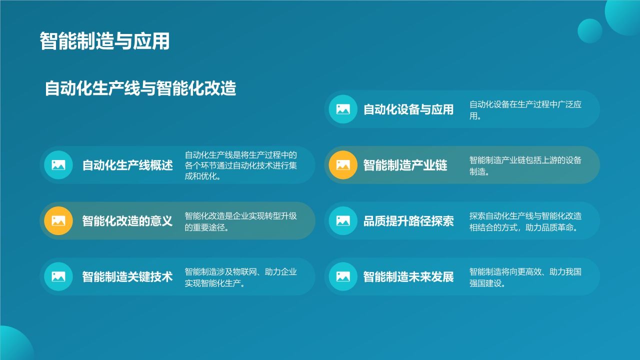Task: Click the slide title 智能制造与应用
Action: (x=104, y=41)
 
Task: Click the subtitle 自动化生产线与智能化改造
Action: (x=140, y=88)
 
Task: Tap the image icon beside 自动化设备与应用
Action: (x=343, y=109)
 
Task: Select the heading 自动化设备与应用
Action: (x=408, y=109)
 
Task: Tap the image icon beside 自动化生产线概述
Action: (x=58, y=165)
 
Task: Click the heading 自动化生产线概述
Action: (x=127, y=165)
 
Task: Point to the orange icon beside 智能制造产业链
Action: (x=343, y=165)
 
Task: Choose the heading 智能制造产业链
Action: (x=405, y=165)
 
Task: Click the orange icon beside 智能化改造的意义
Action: (x=58, y=220)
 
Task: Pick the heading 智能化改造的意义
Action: (x=127, y=221)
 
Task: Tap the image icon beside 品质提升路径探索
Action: (x=343, y=220)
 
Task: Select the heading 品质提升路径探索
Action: (x=408, y=221)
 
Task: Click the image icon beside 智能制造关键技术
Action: (x=58, y=276)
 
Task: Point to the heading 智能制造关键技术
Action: (x=127, y=277)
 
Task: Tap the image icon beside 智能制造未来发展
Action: (x=343, y=276)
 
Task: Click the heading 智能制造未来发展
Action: (x=408, y=277)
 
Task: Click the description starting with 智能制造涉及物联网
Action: (x=241, y=277)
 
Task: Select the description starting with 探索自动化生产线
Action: (x=525, y=221)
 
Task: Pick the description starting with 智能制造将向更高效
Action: (x=525, y=277)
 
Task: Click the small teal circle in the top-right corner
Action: (x=589, y=31)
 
